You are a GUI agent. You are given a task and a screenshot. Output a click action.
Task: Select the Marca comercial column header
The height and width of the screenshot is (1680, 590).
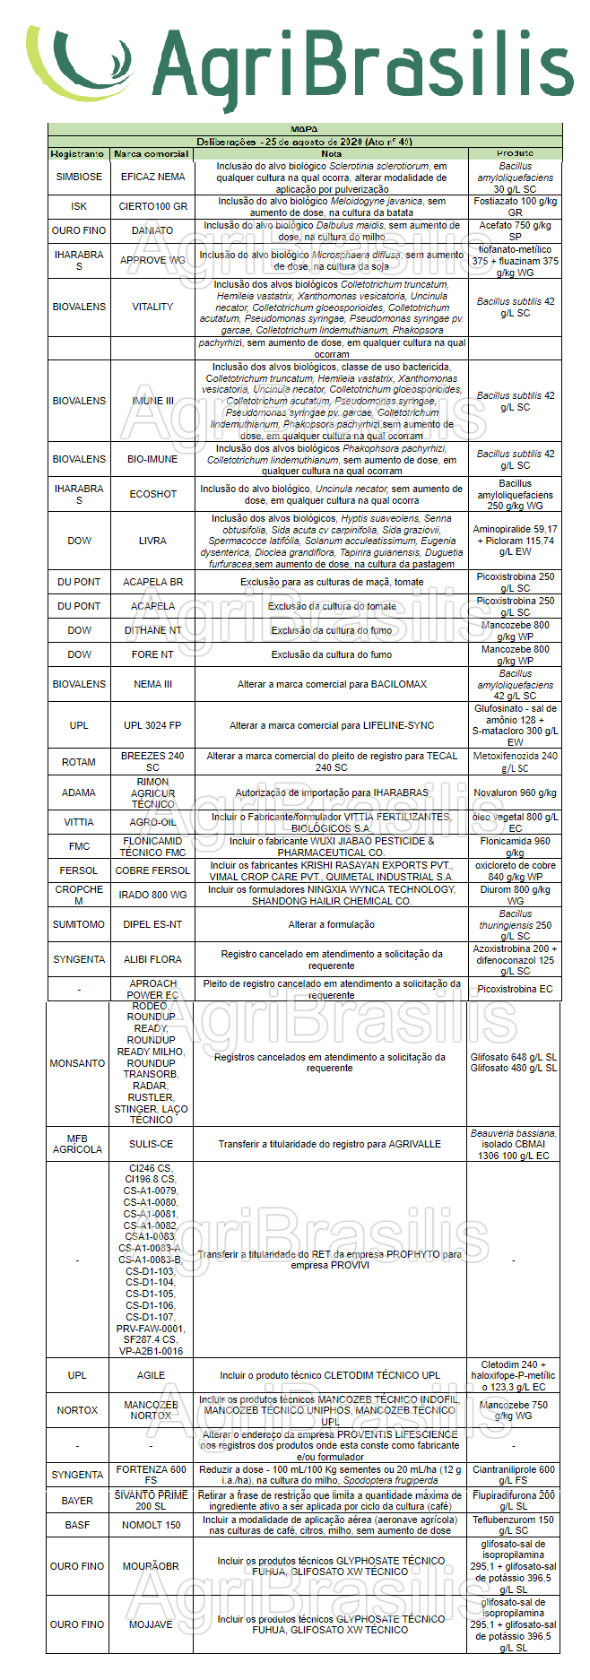[152, 154]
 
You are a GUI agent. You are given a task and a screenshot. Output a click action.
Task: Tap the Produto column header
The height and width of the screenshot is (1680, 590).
[515, 154]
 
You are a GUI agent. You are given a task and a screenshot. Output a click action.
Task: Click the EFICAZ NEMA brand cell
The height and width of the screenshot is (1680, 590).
[152, 178]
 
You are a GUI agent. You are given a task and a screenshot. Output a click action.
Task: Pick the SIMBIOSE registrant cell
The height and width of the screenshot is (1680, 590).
[79, 178]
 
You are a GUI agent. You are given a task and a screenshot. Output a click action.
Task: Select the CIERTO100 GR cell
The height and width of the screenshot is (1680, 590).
[152, 206]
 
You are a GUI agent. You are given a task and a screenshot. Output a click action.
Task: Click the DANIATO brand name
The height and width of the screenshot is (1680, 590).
[152, 230]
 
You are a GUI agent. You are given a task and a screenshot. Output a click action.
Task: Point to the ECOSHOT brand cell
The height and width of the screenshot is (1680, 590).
[152, 494]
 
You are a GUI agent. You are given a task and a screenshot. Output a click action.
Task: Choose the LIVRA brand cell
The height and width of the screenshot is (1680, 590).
[152, 541]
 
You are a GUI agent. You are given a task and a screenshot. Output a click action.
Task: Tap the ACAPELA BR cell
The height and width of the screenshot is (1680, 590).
[152, 582]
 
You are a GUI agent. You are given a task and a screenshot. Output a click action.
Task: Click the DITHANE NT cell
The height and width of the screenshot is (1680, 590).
[152, 630]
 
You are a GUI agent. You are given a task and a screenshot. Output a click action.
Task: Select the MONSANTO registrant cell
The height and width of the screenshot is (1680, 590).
[77, 1063]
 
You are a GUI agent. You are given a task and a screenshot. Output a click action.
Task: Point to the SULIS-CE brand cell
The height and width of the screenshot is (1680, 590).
[151, 1144]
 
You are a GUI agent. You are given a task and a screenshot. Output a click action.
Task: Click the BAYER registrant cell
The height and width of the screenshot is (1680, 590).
[77, 1501]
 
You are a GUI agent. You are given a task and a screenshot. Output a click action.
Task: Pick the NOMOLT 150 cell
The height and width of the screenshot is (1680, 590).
[151, 1525]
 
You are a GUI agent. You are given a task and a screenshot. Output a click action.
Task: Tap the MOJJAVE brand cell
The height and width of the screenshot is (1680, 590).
[151, 1624]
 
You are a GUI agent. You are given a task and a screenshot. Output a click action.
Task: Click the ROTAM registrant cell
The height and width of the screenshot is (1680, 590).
[79, 762]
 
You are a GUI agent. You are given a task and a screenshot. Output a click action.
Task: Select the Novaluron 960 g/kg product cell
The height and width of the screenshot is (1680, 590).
[515, 792]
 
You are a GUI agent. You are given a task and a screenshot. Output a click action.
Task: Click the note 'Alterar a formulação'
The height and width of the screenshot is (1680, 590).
[331, 924]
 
